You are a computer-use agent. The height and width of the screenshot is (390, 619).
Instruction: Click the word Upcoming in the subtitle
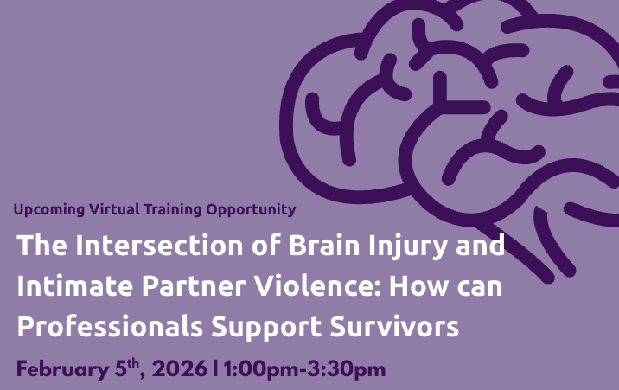[49, 210]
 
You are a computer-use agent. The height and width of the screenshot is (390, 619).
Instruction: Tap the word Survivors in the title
[390, 328]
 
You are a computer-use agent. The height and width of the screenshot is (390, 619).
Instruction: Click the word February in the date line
[61, 369]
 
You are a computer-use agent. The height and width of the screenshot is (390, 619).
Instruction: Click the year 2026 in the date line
[181, 369]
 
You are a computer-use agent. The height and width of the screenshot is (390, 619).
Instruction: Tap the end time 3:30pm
[347, 370]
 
